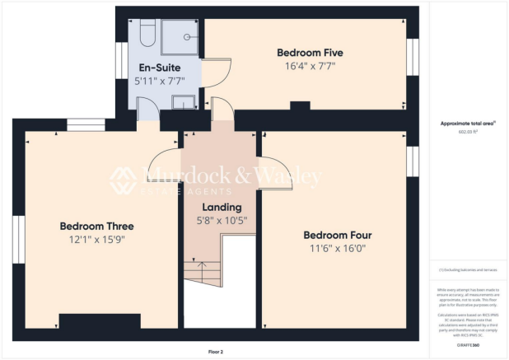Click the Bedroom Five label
[x=309, y=53]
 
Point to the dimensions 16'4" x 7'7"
[x=309, y=68]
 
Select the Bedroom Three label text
[x=96, y=226]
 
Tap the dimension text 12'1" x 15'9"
[x=96, y=240]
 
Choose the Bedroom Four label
[x=335, y=232]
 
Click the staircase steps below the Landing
[x=198, y=272]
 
